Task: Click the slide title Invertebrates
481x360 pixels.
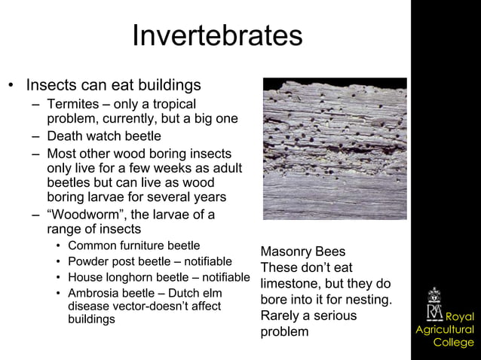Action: click(217, 35)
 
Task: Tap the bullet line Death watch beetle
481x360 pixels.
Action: click(103, 136)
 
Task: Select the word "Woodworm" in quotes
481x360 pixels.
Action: click(83, 215)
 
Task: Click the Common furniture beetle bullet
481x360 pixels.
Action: click(133, 246)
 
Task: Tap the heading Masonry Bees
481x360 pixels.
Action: click(302, 252)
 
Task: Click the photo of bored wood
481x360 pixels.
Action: click(334, 148)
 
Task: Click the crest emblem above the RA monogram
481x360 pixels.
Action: click(435, 294)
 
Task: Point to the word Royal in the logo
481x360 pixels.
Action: click(459, 316)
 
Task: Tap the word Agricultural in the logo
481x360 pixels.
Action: click(445, 330)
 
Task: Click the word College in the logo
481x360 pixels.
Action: click(453, 343)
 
